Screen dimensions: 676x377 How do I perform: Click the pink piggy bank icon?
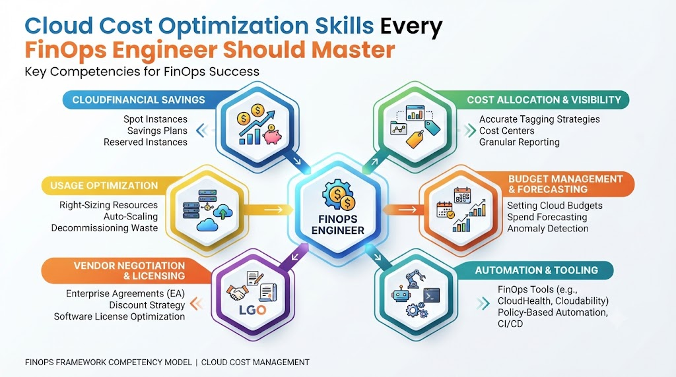272,135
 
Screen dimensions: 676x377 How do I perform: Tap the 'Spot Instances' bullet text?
155,119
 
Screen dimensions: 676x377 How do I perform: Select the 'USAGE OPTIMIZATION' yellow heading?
104,185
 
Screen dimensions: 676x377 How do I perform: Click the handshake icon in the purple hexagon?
236,293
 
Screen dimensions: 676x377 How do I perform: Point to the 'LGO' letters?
252,310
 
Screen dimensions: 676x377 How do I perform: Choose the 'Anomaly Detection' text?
547,229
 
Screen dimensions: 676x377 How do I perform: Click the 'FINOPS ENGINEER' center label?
338,225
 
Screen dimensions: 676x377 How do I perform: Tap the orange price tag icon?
415,139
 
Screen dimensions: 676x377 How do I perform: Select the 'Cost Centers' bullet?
506,131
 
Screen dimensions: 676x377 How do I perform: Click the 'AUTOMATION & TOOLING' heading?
536,270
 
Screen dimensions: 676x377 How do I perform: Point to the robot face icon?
401,295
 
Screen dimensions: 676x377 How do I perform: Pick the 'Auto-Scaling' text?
131,216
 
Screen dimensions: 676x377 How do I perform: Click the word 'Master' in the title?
353,49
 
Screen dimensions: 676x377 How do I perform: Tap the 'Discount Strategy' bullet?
147,305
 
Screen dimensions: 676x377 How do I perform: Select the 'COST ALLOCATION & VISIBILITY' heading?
544,100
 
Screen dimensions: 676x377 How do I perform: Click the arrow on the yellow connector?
273,210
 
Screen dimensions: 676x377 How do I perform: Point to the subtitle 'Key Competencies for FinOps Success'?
143,71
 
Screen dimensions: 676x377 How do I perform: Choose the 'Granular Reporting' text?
520,142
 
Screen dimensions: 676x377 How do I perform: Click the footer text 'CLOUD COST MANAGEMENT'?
255,362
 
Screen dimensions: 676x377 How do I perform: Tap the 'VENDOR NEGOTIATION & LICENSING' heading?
129,271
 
